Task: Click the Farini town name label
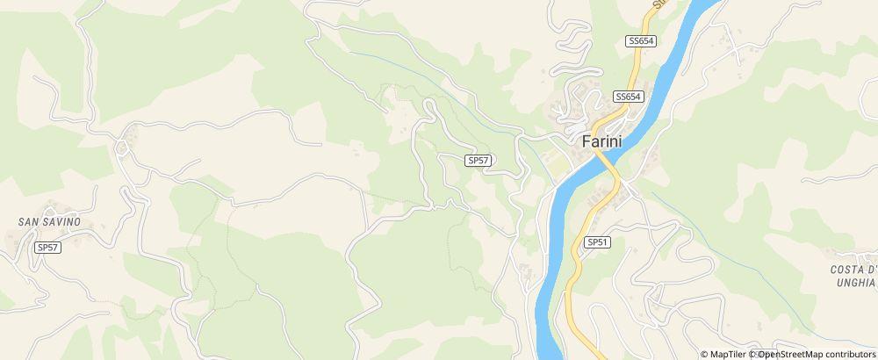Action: tap(607, 140)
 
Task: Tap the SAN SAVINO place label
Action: tap(49, 222)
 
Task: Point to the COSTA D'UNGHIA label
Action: tap(853, 276)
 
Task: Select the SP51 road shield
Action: tap(597, 241)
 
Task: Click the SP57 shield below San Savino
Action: tap(47, 248)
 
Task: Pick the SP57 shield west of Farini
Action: tap(478, 161)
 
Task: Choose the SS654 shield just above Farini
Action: tap(629, 97)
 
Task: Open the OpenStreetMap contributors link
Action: tap(817, 354)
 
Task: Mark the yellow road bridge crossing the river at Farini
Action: tap(606, 162)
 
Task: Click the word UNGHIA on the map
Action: tap(855, 283)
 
